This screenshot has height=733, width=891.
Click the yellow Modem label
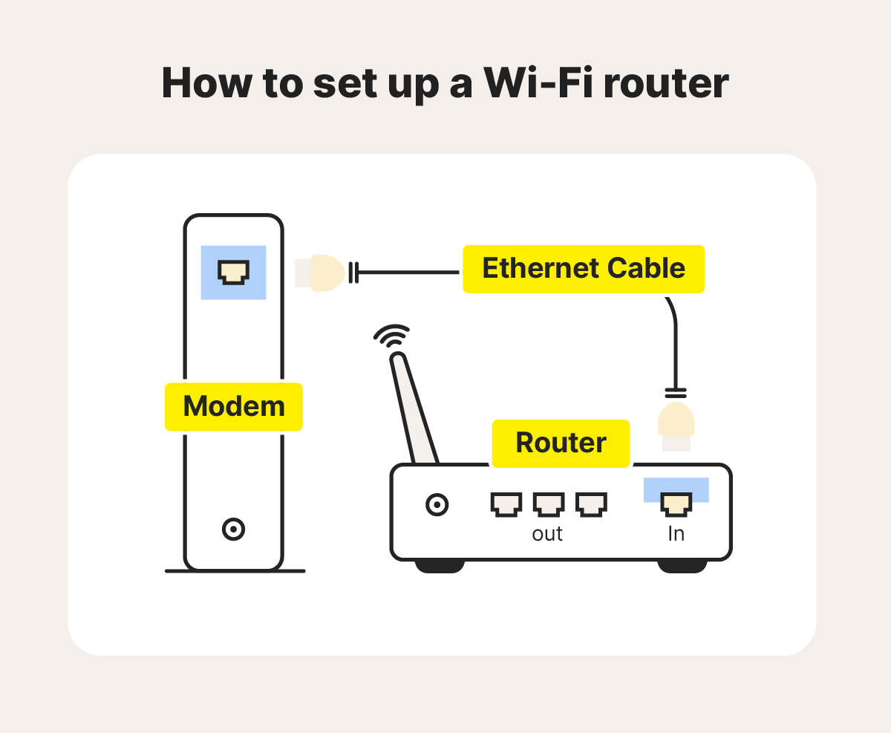[233, 406]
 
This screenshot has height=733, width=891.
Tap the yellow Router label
[561, 443]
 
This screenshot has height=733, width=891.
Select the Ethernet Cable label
[583, 268]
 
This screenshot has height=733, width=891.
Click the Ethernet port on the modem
[233, 272]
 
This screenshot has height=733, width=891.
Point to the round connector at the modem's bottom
[233, 530]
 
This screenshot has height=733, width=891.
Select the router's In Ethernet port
[676, 504]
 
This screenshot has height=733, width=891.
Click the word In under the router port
[676, 534]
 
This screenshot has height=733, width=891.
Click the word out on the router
[547, 534]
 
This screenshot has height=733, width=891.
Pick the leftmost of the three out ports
[506, 504]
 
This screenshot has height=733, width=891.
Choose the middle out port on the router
[548, 504]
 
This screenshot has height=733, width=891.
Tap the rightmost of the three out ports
[591, 504]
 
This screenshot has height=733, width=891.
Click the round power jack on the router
[437, 505]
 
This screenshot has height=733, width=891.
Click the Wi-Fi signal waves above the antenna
[391, 336]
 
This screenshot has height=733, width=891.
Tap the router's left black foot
[439, 566]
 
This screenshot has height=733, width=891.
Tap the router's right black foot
[682, 566]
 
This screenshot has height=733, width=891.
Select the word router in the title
[665, 83]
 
